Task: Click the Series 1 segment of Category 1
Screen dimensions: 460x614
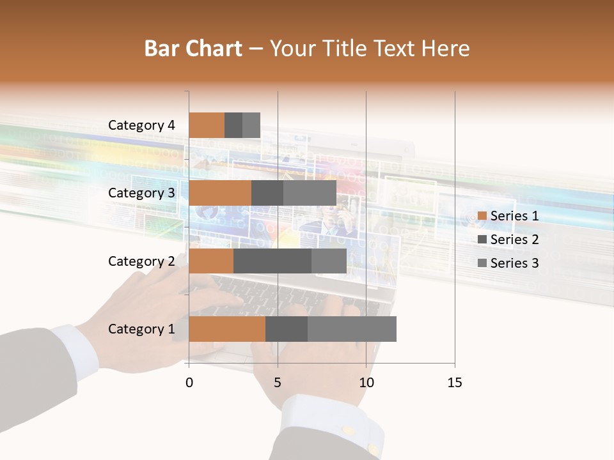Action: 227,329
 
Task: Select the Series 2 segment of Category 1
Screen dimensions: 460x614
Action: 287,329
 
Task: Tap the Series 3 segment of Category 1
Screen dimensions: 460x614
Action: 352,329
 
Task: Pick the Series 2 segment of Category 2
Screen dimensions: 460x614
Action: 272,261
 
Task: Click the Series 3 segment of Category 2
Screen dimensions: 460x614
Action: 329,261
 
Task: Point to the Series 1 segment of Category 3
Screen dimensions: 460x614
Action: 220,193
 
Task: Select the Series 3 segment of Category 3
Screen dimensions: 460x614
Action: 310,193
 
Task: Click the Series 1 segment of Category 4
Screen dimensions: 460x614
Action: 207,125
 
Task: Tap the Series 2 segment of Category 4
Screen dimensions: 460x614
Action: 233,125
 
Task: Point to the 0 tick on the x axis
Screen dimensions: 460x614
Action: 189,383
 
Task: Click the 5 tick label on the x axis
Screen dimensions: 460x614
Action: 278,383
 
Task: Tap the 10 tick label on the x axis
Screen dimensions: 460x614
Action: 366,383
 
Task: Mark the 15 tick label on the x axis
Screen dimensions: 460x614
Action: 454,383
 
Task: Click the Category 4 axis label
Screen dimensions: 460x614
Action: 141,125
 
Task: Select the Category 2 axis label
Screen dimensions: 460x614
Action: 141,261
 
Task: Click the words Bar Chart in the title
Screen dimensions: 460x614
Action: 193,49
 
